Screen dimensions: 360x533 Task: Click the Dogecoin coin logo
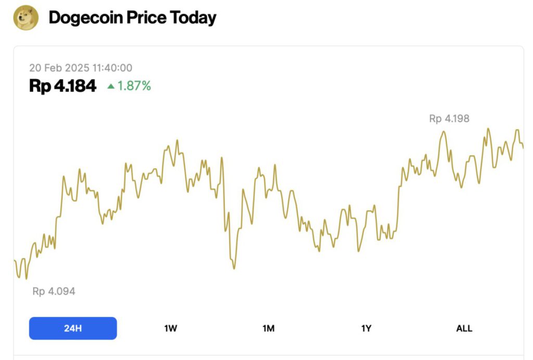[x=26, y=18]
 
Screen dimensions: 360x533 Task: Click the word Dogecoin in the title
[x=86, y=18]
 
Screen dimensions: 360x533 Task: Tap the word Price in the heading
[x=147, y=18]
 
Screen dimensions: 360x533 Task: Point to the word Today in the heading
[x=193, y=18]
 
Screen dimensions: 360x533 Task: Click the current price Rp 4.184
[x=63, y=86]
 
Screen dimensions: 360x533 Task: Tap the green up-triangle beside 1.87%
[x=110, y=86]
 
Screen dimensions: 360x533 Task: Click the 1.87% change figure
[x=134, y=86]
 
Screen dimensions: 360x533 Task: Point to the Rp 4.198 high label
[x=449, y=119]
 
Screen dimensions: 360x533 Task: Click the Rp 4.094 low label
[x=54, y=291]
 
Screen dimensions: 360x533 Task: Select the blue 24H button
[x=73, y=328]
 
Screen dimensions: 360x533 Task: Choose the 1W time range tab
[x=171, y=328]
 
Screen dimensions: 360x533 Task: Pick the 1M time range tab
[x=269, y=328]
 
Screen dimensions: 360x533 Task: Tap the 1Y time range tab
[x=366, y=328]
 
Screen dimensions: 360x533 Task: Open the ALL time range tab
[x=464, y=328]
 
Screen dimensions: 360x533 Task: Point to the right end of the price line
[x=523, y=147]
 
